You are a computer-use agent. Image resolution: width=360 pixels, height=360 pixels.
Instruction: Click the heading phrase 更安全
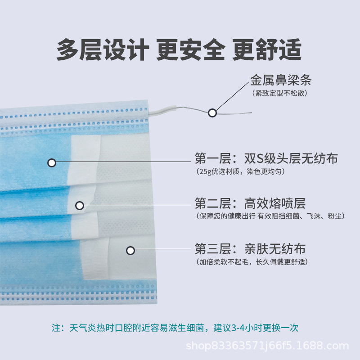190,50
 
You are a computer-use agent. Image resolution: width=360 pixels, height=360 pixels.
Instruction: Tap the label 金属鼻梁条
281,81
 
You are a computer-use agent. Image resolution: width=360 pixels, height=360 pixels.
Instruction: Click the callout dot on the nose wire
212,113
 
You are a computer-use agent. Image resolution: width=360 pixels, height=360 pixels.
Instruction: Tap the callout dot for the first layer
52,163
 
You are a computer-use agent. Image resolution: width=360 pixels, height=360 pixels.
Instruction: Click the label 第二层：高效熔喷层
250,203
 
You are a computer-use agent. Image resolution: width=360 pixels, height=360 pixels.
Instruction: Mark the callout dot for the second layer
80,206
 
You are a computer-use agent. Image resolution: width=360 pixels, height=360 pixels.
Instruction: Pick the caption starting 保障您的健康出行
270,216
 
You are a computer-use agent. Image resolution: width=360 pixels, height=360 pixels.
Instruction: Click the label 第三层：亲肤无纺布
250,248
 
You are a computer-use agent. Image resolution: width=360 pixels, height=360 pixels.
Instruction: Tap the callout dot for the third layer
130,251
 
